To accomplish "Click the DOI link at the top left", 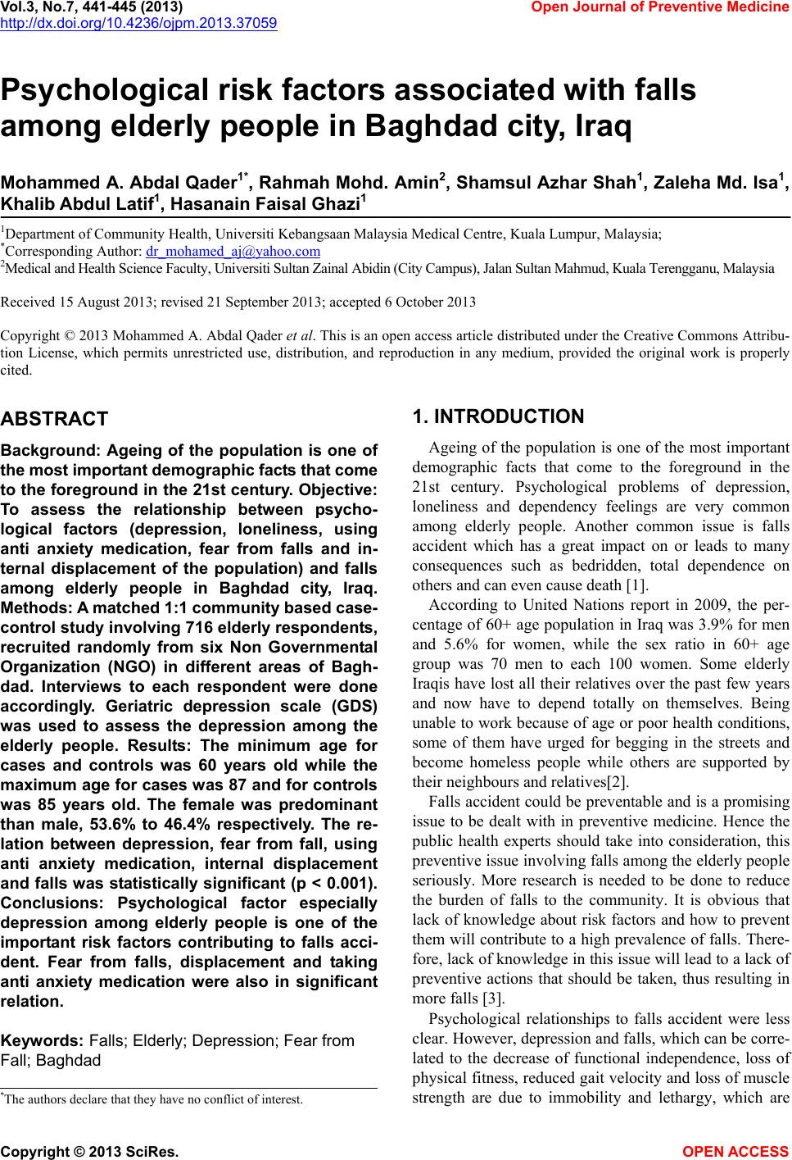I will tap(138, 22).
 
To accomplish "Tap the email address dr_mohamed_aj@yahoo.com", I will tap(238, 251).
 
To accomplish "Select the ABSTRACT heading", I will tap(54, 419).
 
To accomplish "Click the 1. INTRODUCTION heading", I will tap(499, 416).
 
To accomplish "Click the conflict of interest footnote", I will tap(153, 1099).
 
